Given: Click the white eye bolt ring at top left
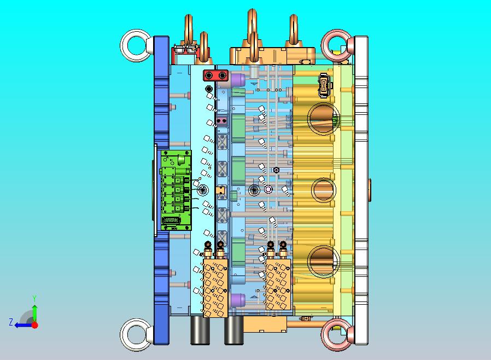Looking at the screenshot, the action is [x=127, y=46].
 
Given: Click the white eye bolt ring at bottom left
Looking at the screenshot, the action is [x=127, y=335].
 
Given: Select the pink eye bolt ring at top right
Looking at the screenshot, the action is [x=328, y=46].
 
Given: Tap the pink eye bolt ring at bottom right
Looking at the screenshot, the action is [x=328, y=335].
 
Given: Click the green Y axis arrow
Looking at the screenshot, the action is [x=35, y=310].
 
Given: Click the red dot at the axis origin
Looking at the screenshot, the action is [x=35, y=325].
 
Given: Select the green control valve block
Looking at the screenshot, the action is [x=176, y=190].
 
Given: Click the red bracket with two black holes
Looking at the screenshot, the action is [x=216, y=76].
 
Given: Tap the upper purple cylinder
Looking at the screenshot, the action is [x=238, y=80].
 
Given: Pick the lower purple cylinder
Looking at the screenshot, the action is [x=238, y=300].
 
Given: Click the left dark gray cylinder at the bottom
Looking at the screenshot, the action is [x=200, y=330].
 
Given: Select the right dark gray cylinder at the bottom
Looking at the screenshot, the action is [x=233, y=330].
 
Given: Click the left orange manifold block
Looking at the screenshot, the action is [x=215, y=288].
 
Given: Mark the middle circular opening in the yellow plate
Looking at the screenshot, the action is [x=313, y=190].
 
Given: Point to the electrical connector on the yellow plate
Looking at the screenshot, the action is [x=325, y=85].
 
